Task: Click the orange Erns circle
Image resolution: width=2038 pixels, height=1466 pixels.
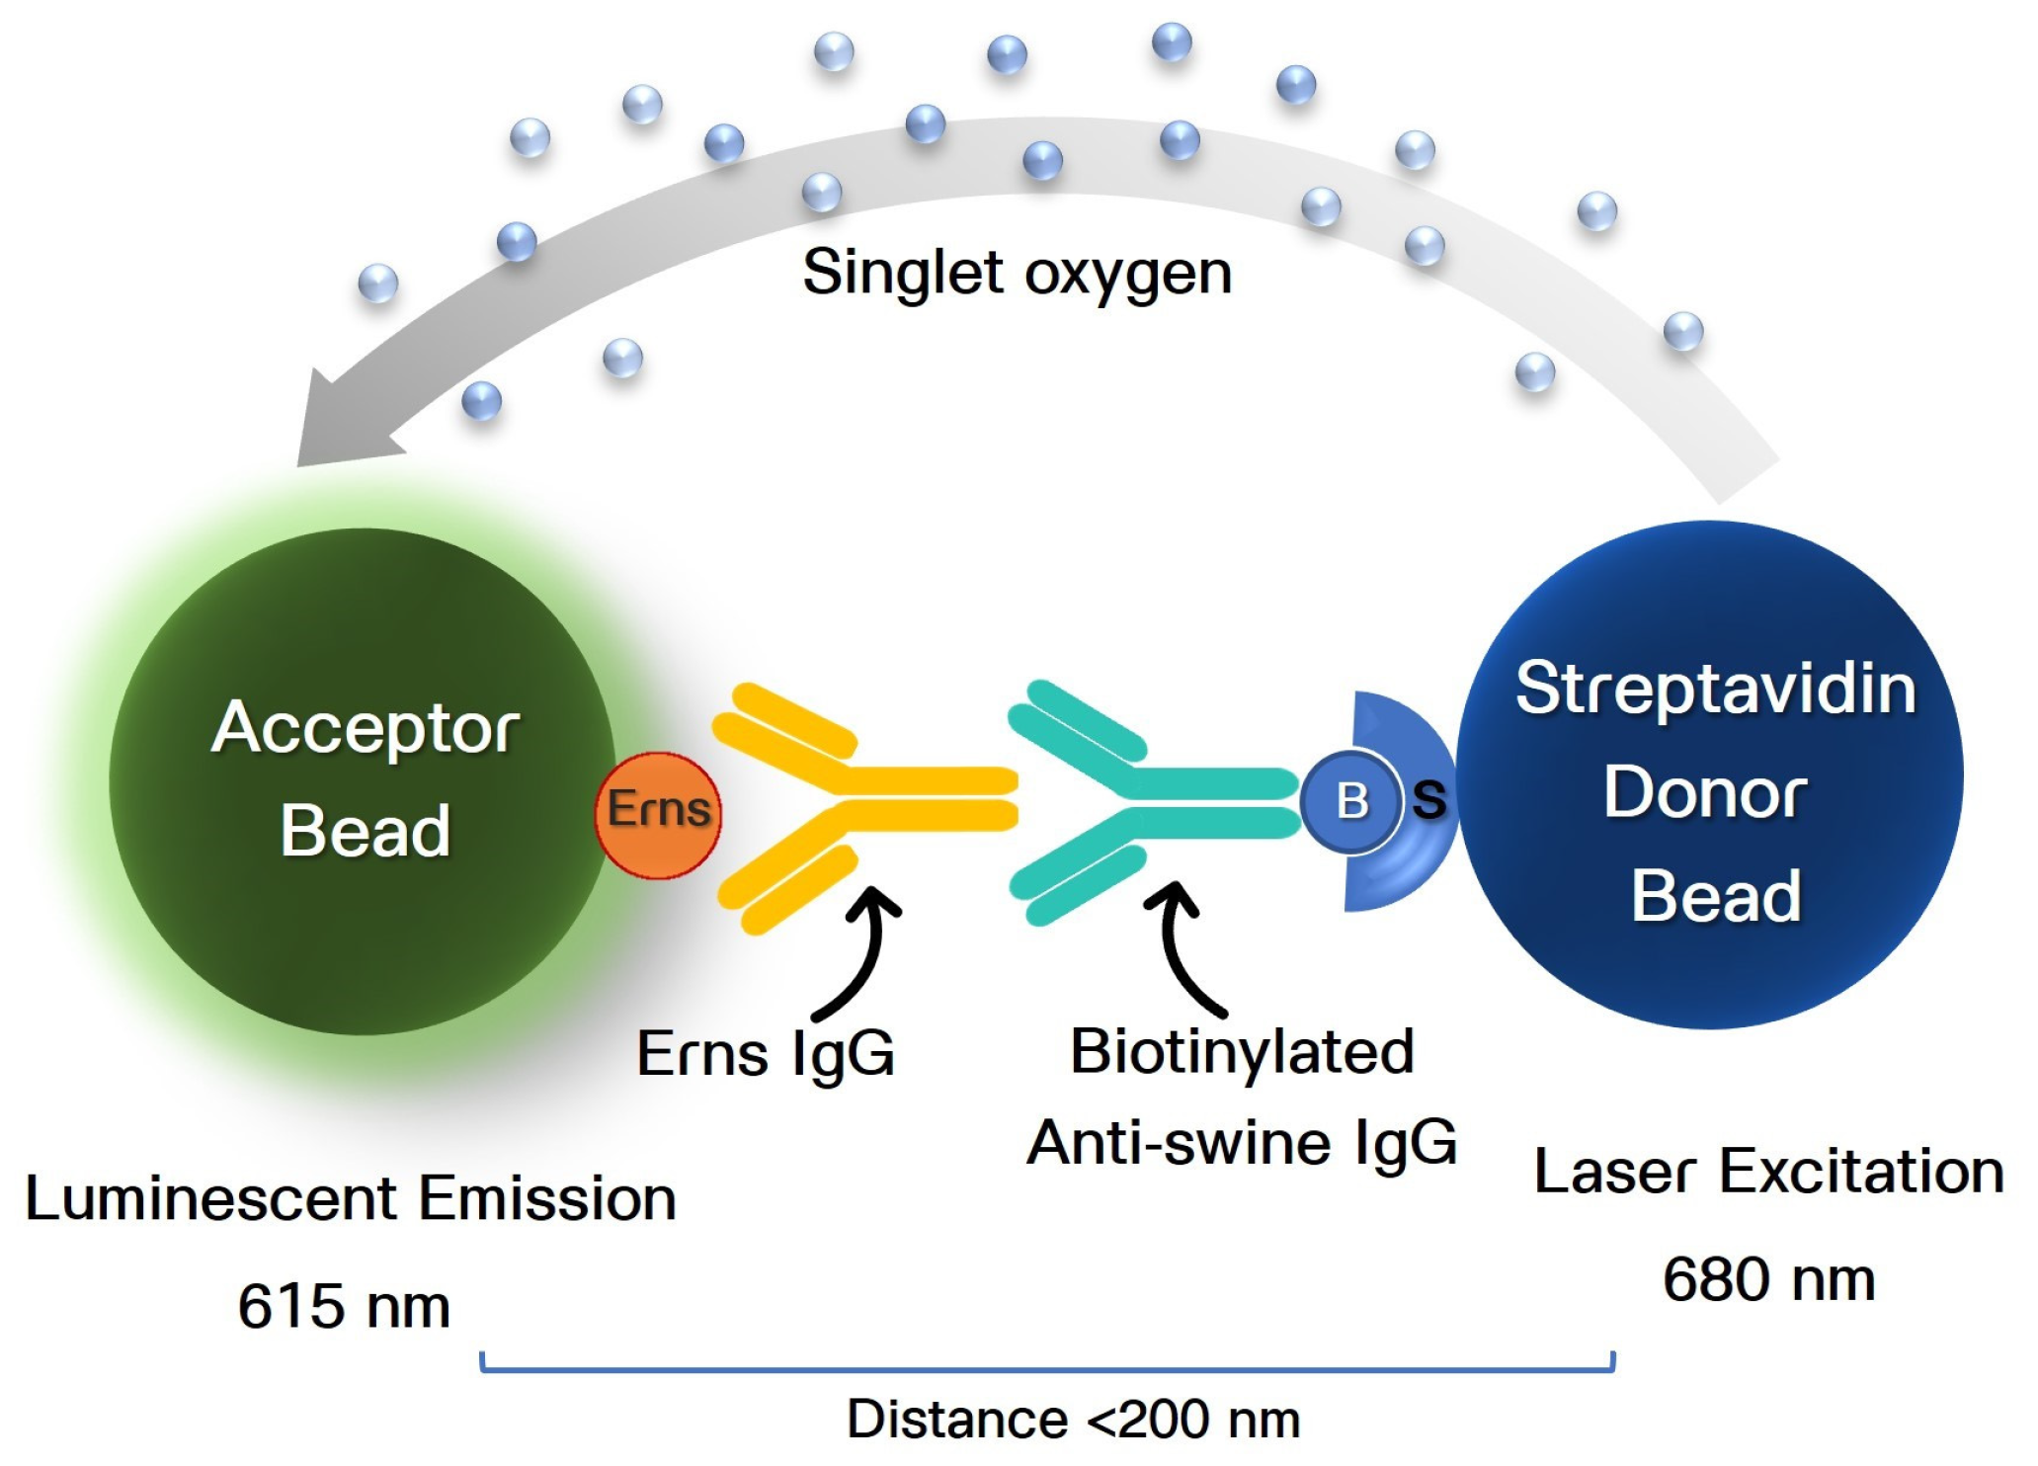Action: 658,814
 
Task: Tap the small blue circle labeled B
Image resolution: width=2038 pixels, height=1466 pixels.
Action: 1350,800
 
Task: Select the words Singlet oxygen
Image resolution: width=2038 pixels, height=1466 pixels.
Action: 1017,273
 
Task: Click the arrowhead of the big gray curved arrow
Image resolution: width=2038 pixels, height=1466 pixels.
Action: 336,425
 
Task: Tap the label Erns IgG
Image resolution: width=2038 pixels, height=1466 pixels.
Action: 766,1054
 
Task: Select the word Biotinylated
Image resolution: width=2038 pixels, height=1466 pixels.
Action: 1242,1052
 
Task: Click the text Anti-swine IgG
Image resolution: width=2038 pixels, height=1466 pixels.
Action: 1242,1143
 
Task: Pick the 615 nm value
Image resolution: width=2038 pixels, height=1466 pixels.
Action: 344,1307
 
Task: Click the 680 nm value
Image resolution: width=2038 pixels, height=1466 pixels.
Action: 1768,1280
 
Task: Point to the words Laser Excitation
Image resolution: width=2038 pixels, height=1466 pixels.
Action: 1768,1173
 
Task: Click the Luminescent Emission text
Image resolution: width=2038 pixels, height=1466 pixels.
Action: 351,1199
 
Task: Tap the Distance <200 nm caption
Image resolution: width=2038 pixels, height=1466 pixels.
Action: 1073,1421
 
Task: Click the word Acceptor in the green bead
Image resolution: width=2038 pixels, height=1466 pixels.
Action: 365,729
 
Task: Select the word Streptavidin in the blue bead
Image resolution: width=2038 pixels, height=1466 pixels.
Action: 1716,689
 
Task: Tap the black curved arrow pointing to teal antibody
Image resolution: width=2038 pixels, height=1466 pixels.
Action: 1181,948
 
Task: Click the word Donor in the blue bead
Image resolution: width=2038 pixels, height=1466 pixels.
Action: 1706,793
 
